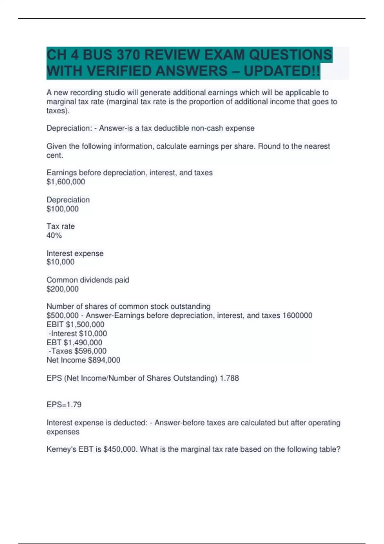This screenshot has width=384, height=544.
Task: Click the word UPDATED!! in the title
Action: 282,71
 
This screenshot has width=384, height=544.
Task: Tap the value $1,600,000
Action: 66,182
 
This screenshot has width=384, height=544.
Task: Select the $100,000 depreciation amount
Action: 63,209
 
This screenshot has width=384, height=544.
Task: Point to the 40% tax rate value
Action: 54,236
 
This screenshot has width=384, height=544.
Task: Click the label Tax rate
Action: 61,226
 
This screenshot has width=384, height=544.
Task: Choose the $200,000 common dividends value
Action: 63,289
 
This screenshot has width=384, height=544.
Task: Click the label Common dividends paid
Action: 88,280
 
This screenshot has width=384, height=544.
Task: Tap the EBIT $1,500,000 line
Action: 76,324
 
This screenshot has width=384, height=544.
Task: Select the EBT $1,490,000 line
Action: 75,342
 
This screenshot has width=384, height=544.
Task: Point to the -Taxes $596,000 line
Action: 77,351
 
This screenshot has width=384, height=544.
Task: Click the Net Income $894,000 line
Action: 84,360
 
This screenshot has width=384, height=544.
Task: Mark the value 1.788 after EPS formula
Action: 229,378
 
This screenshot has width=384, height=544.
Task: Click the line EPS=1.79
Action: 64,404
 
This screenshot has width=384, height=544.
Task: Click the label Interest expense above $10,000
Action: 75,253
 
